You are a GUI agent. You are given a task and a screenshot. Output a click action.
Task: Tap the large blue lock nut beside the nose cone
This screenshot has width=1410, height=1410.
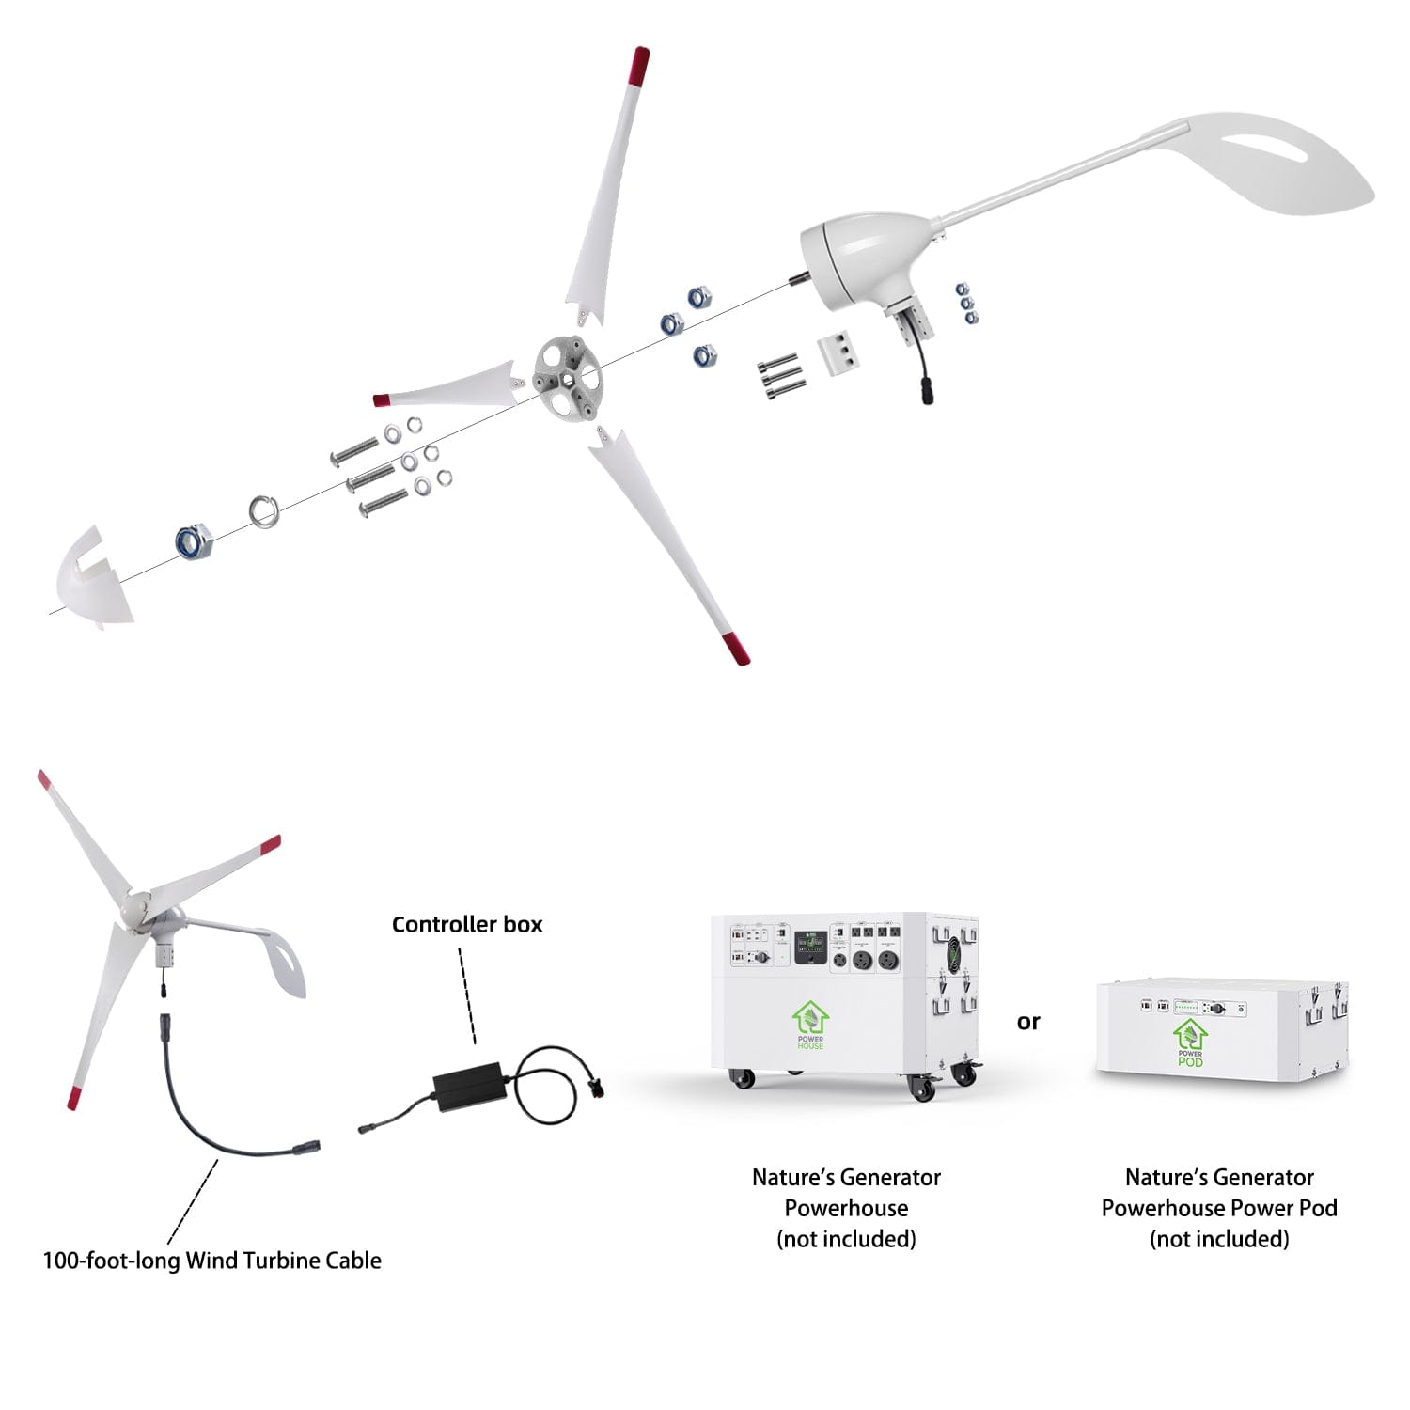tap(195, 541)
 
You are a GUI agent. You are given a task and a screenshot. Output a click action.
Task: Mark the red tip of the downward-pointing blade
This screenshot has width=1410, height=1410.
tap(735, 649)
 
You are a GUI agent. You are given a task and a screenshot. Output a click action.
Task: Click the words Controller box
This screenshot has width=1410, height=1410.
tap(467, 925)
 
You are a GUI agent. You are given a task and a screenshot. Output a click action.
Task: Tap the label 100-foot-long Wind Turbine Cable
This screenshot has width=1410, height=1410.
tap(212, 1261)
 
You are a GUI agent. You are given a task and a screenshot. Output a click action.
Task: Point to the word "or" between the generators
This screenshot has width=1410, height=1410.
tap(1028, 1022)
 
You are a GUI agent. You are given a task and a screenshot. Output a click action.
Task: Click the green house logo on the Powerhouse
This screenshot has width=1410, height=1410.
tap(809, 1022)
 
